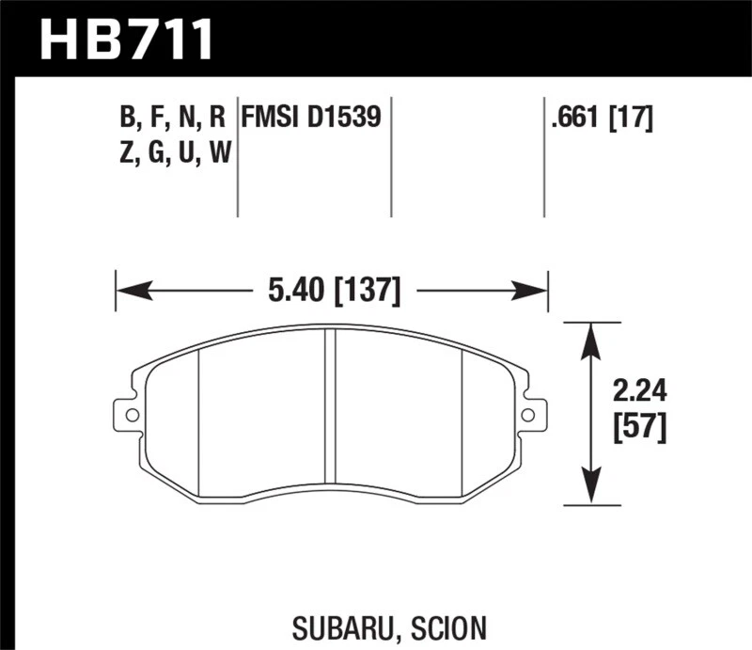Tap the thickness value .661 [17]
tap(603, 118)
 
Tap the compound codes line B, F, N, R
tap(172, 118)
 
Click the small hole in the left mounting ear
tap(132, 414)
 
